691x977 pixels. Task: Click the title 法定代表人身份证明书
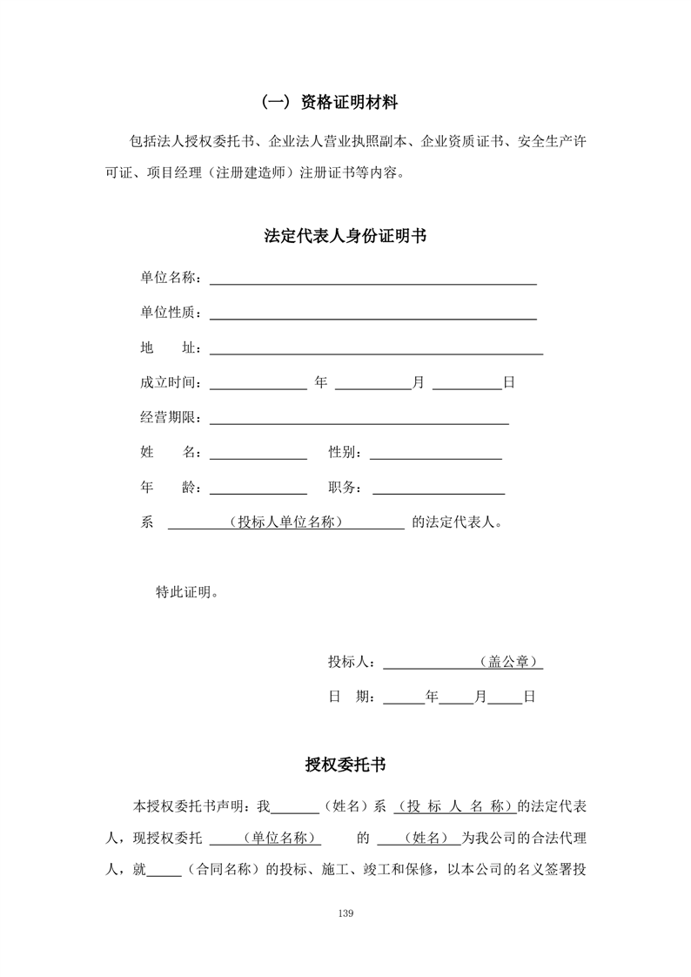(x=345, y=236)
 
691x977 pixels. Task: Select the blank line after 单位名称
(x=372, y=281)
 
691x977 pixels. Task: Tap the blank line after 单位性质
(x=372, y=316)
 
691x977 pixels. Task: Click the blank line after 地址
(x=376, y=351)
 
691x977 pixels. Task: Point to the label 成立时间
(x=170, y=383)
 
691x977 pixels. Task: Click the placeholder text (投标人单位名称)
(x=285, y=523)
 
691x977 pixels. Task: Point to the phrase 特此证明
(x=186, y=593)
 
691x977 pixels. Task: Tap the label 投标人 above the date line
(x=351, y=663)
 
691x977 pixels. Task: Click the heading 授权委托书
(x=345, y=765)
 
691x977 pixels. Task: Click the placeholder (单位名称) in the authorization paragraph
(x=278, y=839)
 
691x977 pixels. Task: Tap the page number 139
(x=345, y=913)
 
